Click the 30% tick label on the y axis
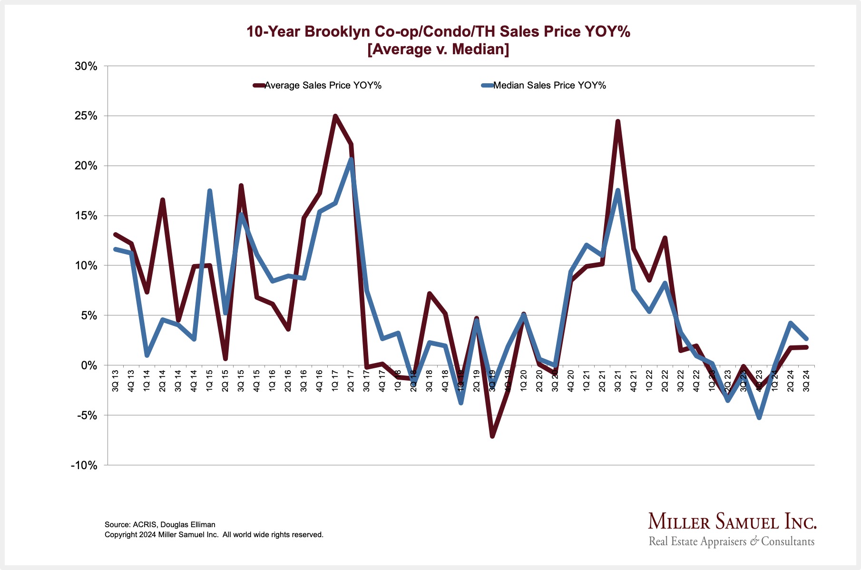pyautogui.click(x=86, y=66)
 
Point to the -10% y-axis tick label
pyautogui.click(x=84, y=465)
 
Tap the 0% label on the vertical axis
pyautogui.click(x=88, y=365)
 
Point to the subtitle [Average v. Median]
pyautogui.click(x=438, y=49)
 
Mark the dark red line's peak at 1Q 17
pyautogui.click(x=335, y=116)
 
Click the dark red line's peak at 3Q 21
pyautogui.click(x=617, y=122)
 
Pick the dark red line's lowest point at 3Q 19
pyautogui.click(x=492, y=436)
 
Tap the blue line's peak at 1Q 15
pyautogui.click(x=209, y=191)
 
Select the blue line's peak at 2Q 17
pyautogui.click(x=351, y=159)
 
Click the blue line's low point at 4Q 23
pyautogui.click(x=759, y=418)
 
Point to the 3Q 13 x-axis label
pyautogui.click(x=116, y=380)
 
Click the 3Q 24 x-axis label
pyautogui.click(x=806, y=380)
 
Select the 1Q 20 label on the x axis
pyautogui.click(x=524, y=380)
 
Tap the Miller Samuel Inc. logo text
pyautogui.click(x=732, y=522)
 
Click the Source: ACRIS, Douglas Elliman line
pyautogui.click(x=160, y=525)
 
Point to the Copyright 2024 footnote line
pyautogui.click(x=214, y=535)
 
